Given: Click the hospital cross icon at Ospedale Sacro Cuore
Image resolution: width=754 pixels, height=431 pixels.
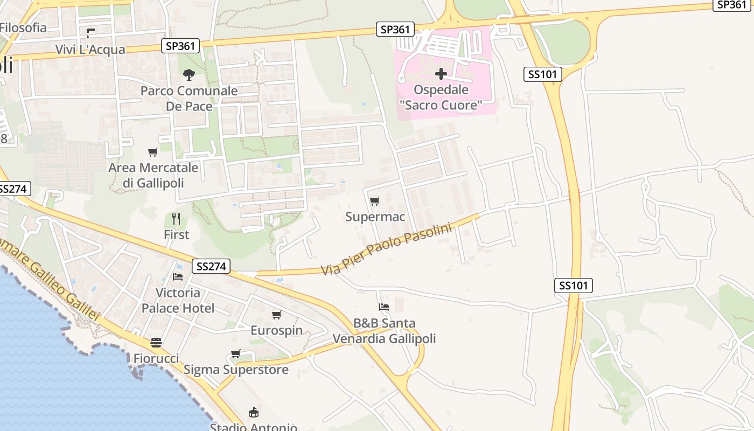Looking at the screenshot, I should point(441,74).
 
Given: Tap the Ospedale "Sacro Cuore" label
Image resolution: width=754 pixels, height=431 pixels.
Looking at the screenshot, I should point(441,98).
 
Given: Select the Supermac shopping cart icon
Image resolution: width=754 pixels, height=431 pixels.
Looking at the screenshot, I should point(375,201).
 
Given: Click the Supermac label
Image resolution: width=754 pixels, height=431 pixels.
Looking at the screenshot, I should point(375,217).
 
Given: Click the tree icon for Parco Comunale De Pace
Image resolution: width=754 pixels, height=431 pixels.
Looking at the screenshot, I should point(188,75).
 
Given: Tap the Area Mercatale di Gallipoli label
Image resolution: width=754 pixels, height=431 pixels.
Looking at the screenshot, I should point(153,175).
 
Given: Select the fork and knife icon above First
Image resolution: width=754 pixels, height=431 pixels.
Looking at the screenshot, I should point(176,218).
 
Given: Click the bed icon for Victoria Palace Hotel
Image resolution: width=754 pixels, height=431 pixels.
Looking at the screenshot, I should point(178,277).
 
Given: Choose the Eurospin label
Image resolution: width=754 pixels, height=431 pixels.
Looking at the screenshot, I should point(276,330).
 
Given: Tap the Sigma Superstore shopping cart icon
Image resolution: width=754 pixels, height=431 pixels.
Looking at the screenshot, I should point(235,354).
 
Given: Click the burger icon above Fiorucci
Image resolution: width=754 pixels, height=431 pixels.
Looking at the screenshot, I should point(156,343).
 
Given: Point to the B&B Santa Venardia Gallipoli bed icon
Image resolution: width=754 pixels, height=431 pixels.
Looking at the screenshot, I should point(384,307).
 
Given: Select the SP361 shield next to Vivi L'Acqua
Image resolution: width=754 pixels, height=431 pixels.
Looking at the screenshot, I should point(180,46).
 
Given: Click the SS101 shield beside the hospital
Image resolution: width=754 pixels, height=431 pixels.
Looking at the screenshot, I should point(543,74).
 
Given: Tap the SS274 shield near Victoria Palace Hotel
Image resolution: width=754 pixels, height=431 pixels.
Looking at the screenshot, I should point(211,266).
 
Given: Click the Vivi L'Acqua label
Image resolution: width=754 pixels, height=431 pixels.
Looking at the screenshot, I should point(90,50).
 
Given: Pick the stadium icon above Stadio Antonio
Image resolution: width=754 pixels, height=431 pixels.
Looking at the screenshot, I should point(253,413).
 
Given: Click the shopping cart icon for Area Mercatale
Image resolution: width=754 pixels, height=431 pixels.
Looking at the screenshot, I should point(153,152).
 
